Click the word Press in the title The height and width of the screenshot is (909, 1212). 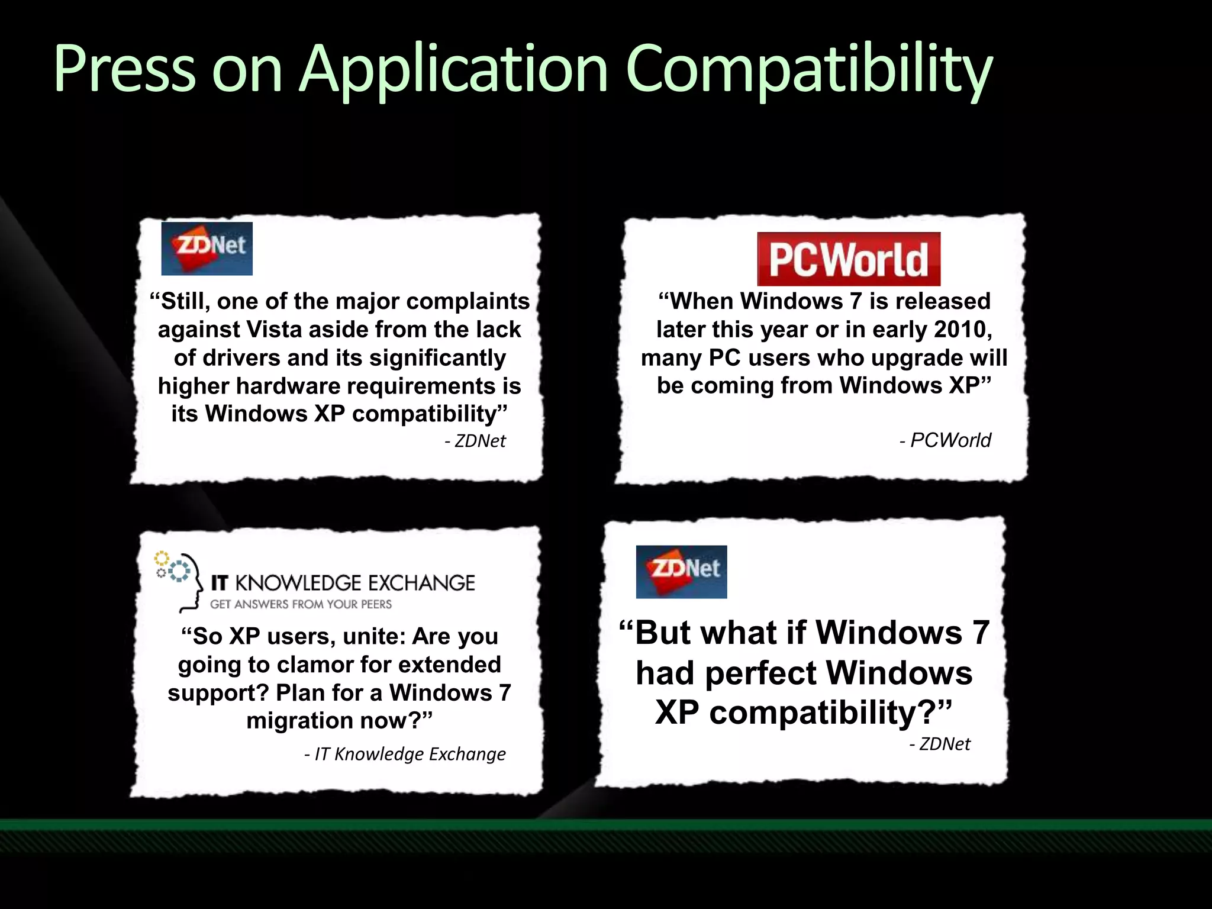[x=124, y=70]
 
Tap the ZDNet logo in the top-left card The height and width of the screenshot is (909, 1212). [x=207, y=249]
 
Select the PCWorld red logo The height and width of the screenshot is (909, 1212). [x=849, y=259]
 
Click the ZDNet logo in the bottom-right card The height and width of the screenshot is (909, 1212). [x=681, y=572]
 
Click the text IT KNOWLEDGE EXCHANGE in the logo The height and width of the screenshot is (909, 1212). [x=343, y=583]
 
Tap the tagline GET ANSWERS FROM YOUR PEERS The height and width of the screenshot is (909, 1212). [x=301, y=604]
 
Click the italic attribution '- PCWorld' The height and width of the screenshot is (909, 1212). [x=945, y=440]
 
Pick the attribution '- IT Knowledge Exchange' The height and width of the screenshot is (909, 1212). [x=405, y=754]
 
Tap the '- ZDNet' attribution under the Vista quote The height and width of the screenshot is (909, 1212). [x=475, y=441]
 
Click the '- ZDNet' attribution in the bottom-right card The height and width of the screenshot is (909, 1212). [x=940, y=744]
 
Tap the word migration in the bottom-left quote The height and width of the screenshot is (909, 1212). [x=299, y=721]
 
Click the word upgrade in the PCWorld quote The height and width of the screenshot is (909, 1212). [x=917, y=358]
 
